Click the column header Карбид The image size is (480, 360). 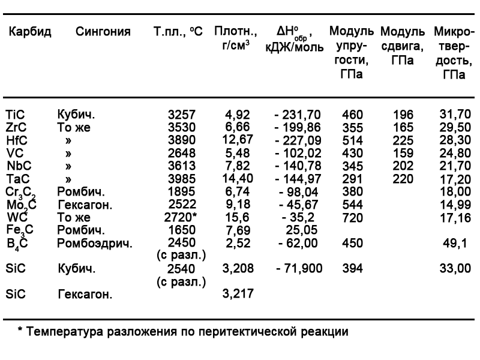click(29, 32)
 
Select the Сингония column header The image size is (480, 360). click(103, 32)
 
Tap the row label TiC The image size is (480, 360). click(16, 115)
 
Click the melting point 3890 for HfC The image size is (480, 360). click(181, 140)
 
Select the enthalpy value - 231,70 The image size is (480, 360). click(298, 115)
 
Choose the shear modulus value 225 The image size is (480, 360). click(403, 140)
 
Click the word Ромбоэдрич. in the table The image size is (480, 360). click(94, 243)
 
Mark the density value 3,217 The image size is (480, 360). click(238, 294)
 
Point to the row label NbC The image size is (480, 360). click(17, 166)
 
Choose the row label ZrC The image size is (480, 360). click(16, 127)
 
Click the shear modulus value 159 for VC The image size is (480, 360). click(403, 153)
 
